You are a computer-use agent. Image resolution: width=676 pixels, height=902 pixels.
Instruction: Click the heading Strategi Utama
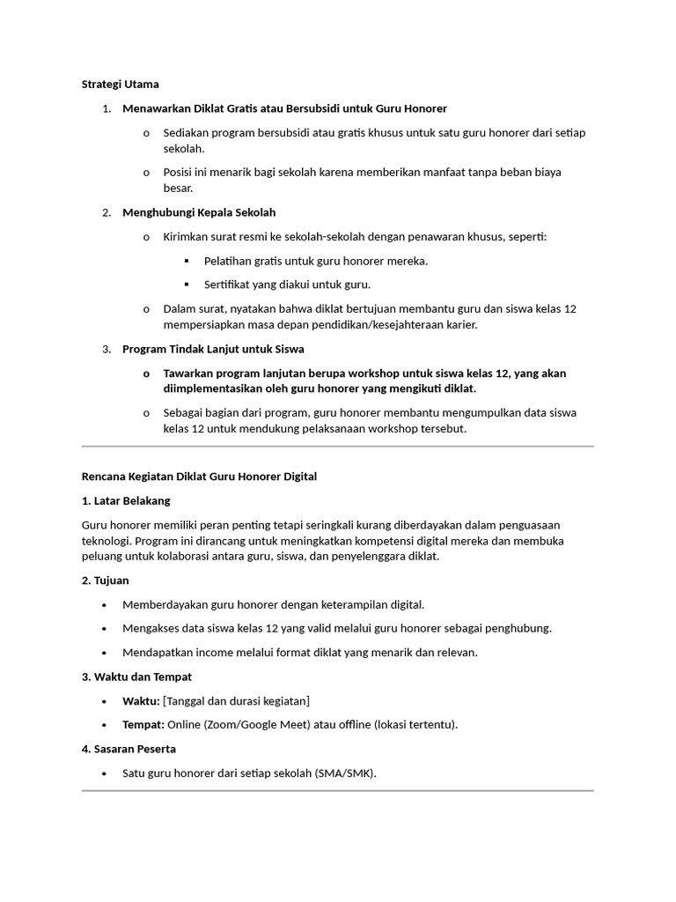(120, 85)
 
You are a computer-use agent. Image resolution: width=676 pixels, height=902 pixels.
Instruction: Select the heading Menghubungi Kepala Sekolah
(199, 212)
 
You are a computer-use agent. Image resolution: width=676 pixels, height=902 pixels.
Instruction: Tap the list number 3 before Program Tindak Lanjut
(106, 349)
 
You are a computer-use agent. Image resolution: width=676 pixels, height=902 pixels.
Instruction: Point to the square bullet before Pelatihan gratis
(187, 262)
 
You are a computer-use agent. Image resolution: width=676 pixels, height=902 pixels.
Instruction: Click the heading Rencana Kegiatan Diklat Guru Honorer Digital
(199, 477)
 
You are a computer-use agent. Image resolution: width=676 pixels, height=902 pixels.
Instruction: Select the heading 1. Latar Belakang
(125, 500)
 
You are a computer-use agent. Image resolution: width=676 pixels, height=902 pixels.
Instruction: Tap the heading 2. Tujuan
(106, 580)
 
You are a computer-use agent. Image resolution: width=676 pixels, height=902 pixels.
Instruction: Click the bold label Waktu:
(141, 701)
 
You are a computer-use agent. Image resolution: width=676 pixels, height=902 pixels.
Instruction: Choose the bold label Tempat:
(143, 725)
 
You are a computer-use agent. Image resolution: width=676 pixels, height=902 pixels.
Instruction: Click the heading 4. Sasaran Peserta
(129, 749)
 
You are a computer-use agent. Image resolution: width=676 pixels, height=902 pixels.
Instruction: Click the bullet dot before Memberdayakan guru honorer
(105, 605)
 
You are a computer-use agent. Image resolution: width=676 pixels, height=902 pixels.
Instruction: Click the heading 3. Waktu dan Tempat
(136, 676)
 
